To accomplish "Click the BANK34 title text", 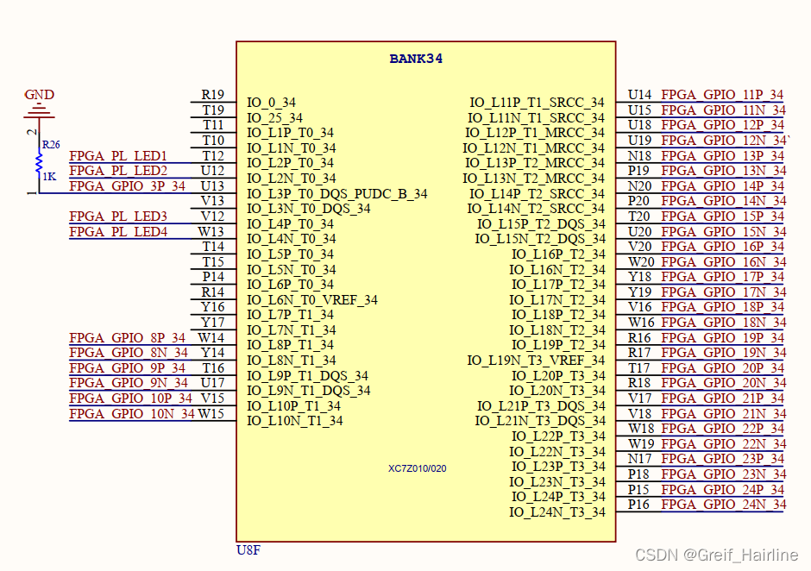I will [416, 60].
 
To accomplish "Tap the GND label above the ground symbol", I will [39, 95].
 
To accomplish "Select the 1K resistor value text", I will [50, 175].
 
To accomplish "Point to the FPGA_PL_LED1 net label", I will [118, 156].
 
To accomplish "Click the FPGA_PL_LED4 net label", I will [118, 232].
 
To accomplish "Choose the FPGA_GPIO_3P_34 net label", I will [127, 186].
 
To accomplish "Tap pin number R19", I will [212, 95].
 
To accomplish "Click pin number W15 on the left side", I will [211, 414].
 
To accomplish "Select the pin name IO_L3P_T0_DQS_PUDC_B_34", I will [336, 194].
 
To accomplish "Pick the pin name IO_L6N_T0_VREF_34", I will [311, 300].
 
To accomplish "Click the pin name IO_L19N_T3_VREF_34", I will [536, 361].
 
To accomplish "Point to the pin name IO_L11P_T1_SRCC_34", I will [537, 103].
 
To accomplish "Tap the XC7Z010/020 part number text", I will [417, 468].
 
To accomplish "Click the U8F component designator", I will [248, 549].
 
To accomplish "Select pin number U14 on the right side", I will [639, 95].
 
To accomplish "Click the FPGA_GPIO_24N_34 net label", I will [723, 505].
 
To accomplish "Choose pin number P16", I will [638, 505].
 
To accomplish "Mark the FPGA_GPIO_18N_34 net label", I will [723, 323].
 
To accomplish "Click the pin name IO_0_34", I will [271, 103].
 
